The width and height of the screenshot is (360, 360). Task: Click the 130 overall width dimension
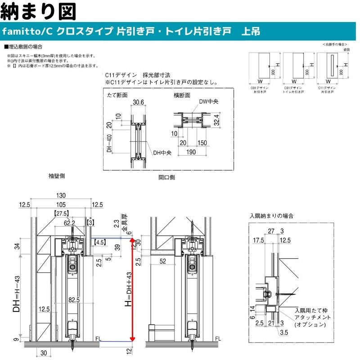[61, 195]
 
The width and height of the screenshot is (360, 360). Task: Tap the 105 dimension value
[61, 205]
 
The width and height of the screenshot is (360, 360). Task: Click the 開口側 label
[167, 177]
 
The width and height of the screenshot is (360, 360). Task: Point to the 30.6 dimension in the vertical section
[139, 103]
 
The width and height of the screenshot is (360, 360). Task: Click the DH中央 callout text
[162, 153]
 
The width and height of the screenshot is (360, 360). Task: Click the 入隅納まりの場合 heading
[272, 216]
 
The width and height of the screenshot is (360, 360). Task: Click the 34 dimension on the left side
[17, 246]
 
